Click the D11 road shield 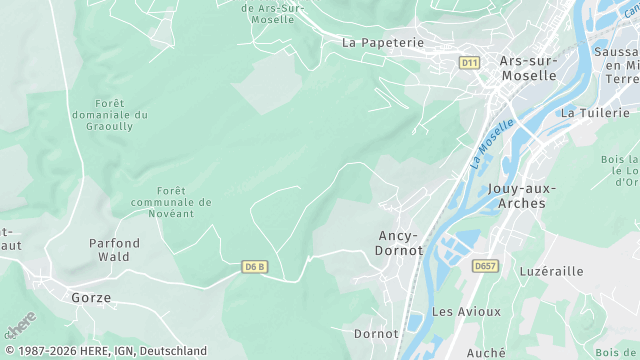pos(469,62)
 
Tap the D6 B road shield pos(256,267)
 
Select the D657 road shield pos(486,265)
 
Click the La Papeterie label pos(383,43)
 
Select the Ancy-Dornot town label pos(399,243)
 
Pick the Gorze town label pos(91,298)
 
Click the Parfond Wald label pos(114,250)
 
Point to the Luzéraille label pos(552,271)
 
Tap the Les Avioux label pos(466,311)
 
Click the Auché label pos(486,352)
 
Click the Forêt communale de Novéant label pos(185,202)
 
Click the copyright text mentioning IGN pos(104,351)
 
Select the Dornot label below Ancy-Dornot pos(376,332)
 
